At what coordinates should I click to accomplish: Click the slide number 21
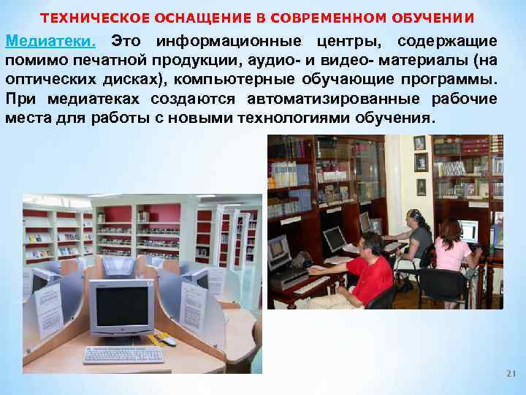510,375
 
